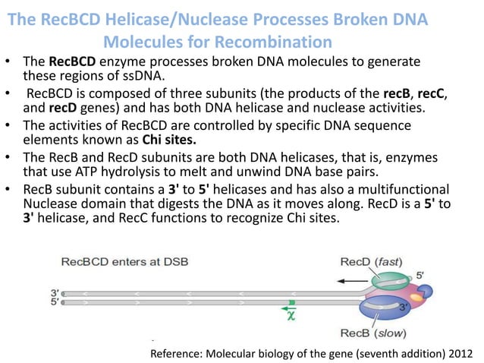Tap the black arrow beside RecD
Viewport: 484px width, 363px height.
pos(351,280)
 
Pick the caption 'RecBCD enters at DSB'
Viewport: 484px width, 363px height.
pos(125,262)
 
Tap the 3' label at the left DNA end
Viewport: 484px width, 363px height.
pos(54,292)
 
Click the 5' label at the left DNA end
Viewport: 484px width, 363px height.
pos(54,301)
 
